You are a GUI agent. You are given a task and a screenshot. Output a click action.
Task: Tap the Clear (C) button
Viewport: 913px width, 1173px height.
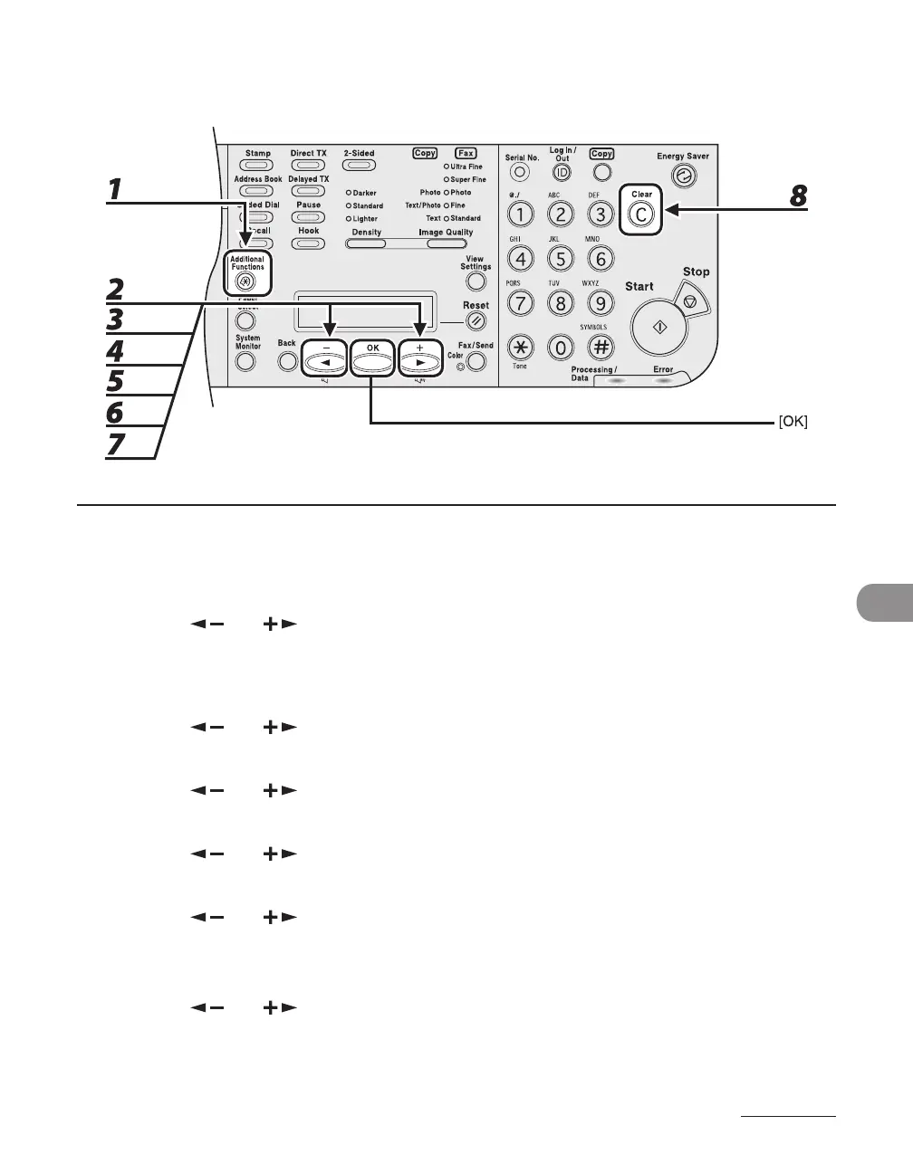641,214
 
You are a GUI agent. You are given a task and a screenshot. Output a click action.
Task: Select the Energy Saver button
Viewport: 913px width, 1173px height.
686,177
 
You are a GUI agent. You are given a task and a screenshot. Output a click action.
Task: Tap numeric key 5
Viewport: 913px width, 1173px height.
561,259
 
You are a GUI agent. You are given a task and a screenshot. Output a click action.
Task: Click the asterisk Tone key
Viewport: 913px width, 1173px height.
520,347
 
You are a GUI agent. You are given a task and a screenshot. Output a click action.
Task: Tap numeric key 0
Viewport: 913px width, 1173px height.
561,347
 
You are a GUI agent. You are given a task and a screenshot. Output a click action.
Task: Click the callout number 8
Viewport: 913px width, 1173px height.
798,196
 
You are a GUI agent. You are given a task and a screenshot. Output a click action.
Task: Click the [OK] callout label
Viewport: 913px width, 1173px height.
793,422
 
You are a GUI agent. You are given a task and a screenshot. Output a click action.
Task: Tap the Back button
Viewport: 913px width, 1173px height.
287,361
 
